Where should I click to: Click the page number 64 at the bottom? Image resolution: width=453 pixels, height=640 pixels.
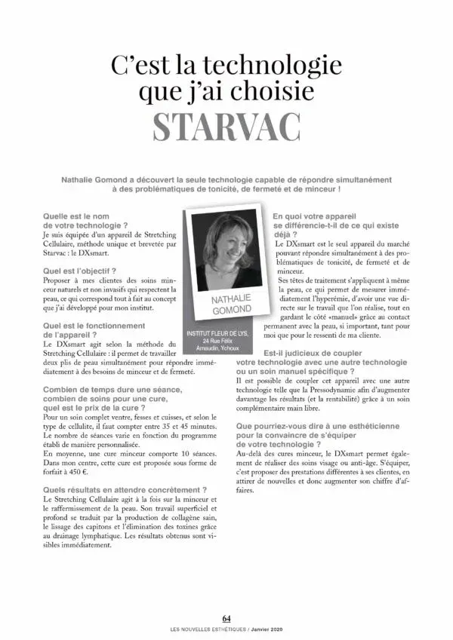[x=226, y=620]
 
